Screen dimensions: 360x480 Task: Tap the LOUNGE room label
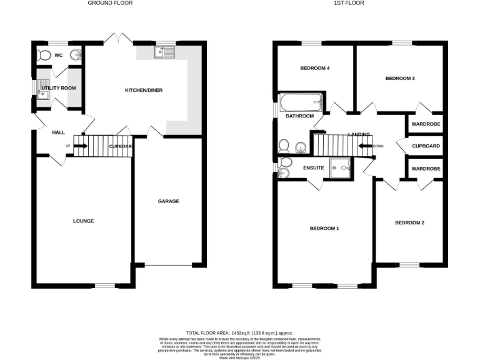[83, 221]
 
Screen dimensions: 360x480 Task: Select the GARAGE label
[168, 201]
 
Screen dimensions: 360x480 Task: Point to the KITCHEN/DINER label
[144, 91]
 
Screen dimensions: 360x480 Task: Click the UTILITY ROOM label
[58, 88]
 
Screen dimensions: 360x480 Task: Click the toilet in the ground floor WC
[43, 56]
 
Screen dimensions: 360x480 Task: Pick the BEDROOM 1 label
[324, 229]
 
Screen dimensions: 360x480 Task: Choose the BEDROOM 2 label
[409, 223]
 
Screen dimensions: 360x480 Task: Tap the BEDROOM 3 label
[400, 79]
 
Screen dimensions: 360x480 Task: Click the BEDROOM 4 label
[315, 69]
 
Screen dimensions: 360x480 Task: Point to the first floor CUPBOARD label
[426, 146]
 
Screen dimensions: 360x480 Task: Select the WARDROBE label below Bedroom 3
[426, 124]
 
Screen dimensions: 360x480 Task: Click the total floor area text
[239, 333]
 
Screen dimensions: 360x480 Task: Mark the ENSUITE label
[313, 168]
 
